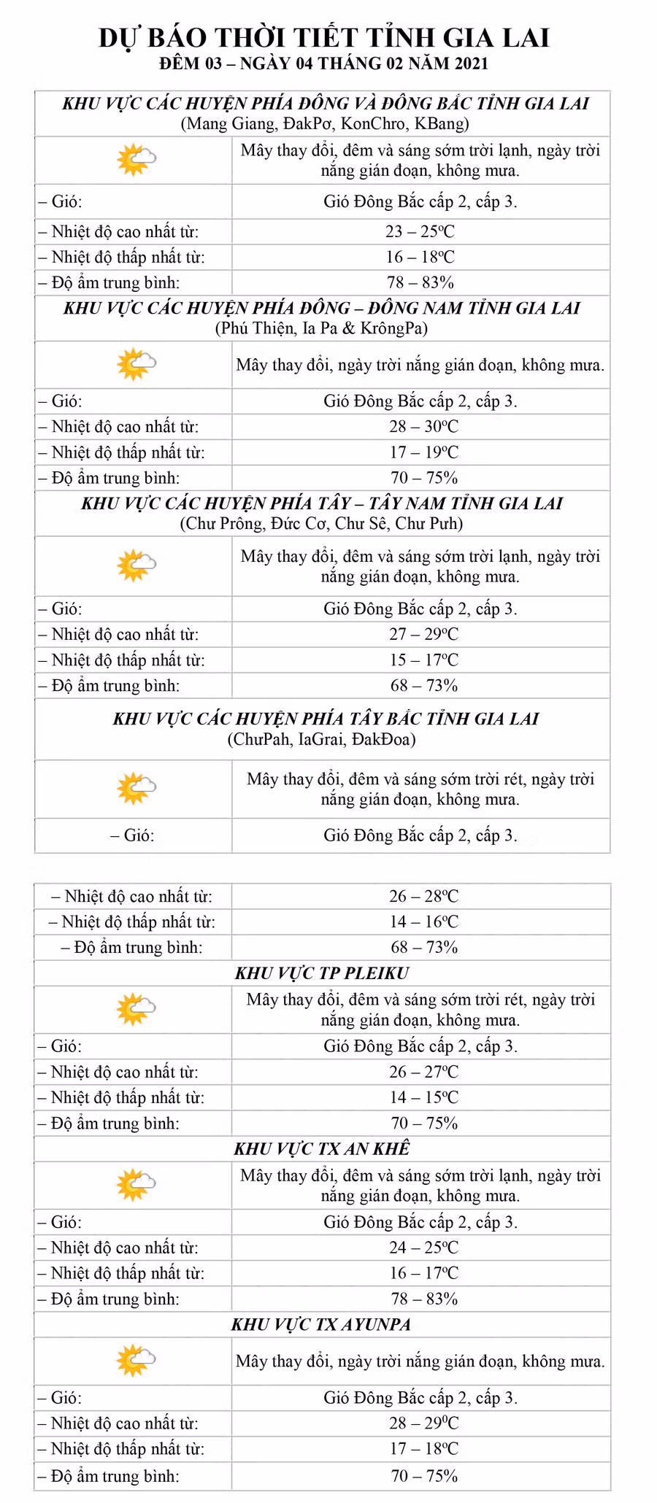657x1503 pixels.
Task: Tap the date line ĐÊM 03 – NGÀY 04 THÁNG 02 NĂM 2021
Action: (x=324, y=63)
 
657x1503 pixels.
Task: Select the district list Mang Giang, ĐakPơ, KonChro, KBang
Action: (x=324, y=123)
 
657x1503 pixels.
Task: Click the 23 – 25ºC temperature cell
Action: (x=420, y=231)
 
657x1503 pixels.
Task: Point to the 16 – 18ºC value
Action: (x=420, y=257)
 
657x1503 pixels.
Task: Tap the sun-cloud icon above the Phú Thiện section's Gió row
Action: (x=136, y=364)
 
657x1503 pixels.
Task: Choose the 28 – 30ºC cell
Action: (x=423, y=427)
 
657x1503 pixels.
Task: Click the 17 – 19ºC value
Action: (x=423, y=452)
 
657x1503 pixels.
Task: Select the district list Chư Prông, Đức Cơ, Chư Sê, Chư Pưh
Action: (x=321, y=523)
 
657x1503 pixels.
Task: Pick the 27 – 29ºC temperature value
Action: (x=423, y=634)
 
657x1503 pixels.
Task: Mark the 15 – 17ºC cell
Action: (x=423, y=660)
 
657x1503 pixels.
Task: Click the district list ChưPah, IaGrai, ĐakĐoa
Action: (x=321, y=739)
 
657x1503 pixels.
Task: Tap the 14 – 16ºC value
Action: (x=423, y=921)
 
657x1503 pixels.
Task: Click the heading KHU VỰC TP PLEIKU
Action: (x=322, y=973)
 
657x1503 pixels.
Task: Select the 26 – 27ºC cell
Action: (x=423, y=1072)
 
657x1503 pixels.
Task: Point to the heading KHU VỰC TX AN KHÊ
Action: (x=322, y=1148)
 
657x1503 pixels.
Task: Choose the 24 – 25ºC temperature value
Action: (x=423, y=1248)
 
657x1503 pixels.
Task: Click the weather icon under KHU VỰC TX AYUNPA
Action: (x=136, y=1361)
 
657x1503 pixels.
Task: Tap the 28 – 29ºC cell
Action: (x=423, y=1423)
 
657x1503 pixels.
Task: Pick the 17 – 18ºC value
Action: (x=423, y=1448)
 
